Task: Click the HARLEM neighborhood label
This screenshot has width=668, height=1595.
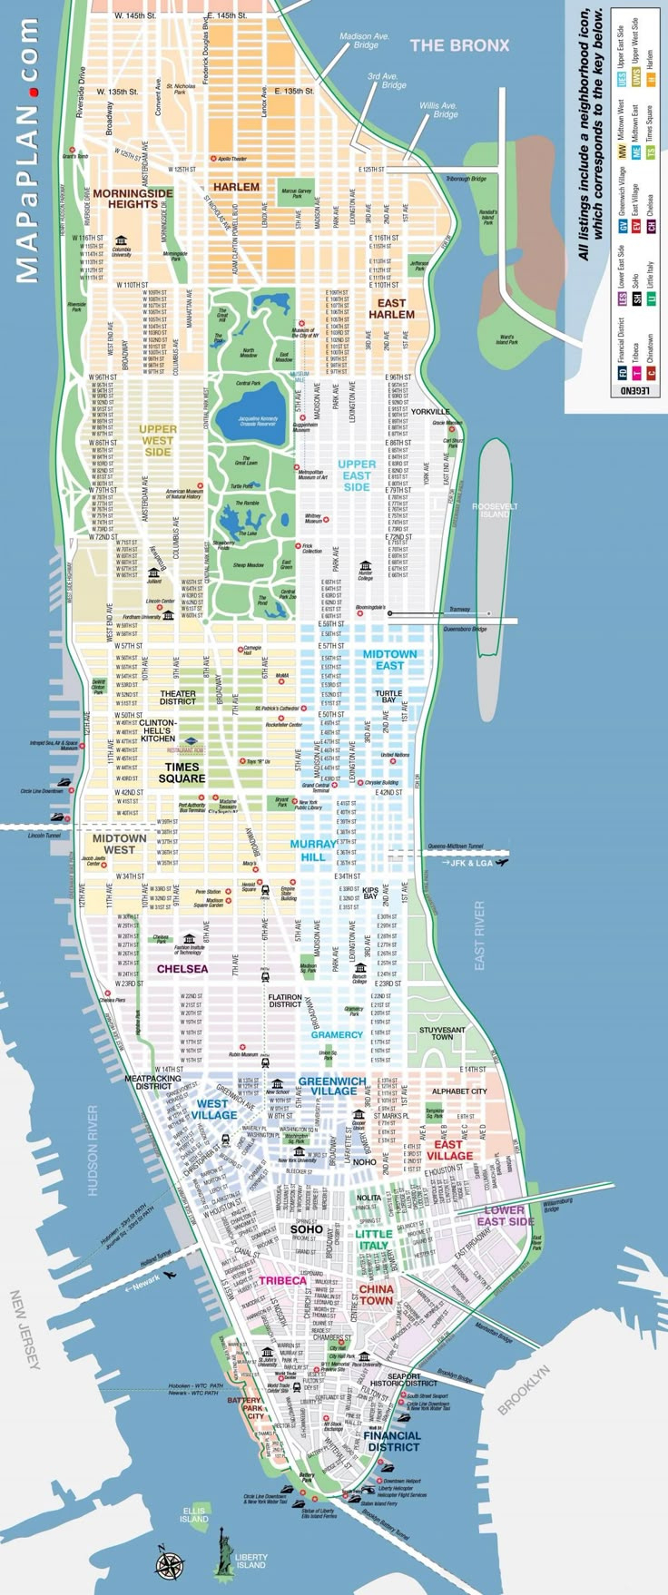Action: (x=236, y=187)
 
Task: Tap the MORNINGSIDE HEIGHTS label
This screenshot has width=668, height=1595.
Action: (x=133, y=199)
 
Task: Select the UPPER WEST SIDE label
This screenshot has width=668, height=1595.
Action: (x=157, y=440)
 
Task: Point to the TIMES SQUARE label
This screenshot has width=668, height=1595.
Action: (x=182, y=772)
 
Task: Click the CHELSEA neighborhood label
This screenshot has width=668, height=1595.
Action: (x=182, y=969)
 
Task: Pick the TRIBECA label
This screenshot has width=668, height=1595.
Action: (x=282, y=1280)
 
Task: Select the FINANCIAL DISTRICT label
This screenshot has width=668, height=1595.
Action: (x=392, y=1441)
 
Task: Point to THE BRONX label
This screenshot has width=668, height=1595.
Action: (x=459, y=44)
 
